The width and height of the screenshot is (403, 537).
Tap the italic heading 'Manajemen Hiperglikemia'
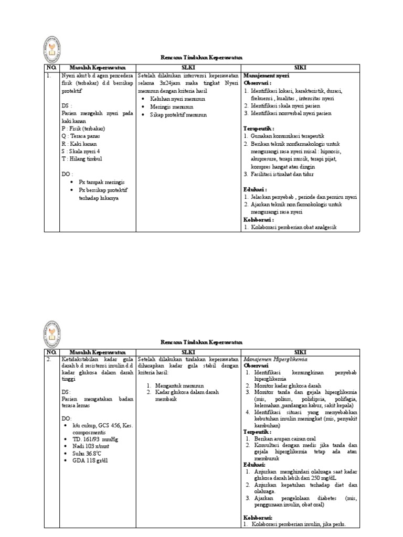tap(275, 359)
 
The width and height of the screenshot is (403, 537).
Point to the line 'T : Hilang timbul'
tap(84, 158)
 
